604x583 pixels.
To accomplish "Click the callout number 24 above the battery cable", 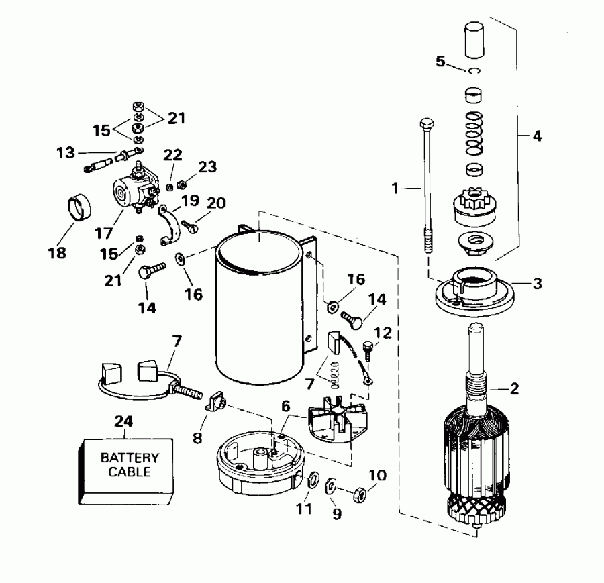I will (124, 422).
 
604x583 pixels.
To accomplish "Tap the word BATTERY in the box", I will (130, 458).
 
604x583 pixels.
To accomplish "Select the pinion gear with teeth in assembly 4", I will (474, 206).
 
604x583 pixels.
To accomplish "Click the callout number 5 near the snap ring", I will (440, 62).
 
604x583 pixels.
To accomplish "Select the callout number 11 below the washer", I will (304, 509).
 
